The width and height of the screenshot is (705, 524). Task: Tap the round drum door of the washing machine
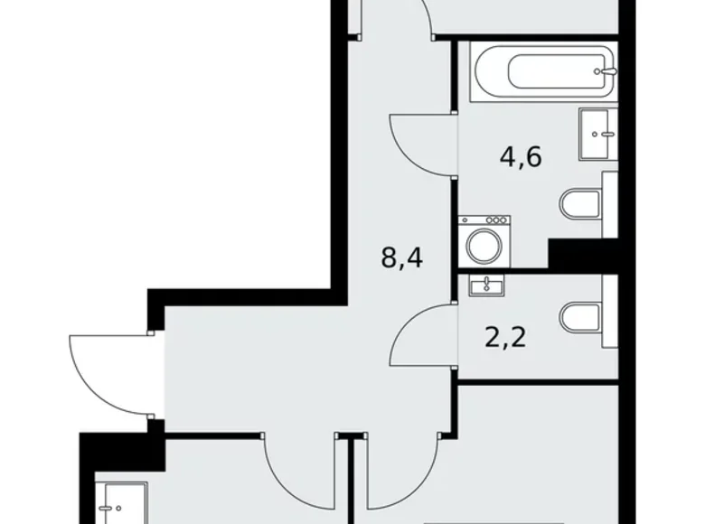point(484,245)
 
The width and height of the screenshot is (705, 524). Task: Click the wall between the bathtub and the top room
point(533,36)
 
